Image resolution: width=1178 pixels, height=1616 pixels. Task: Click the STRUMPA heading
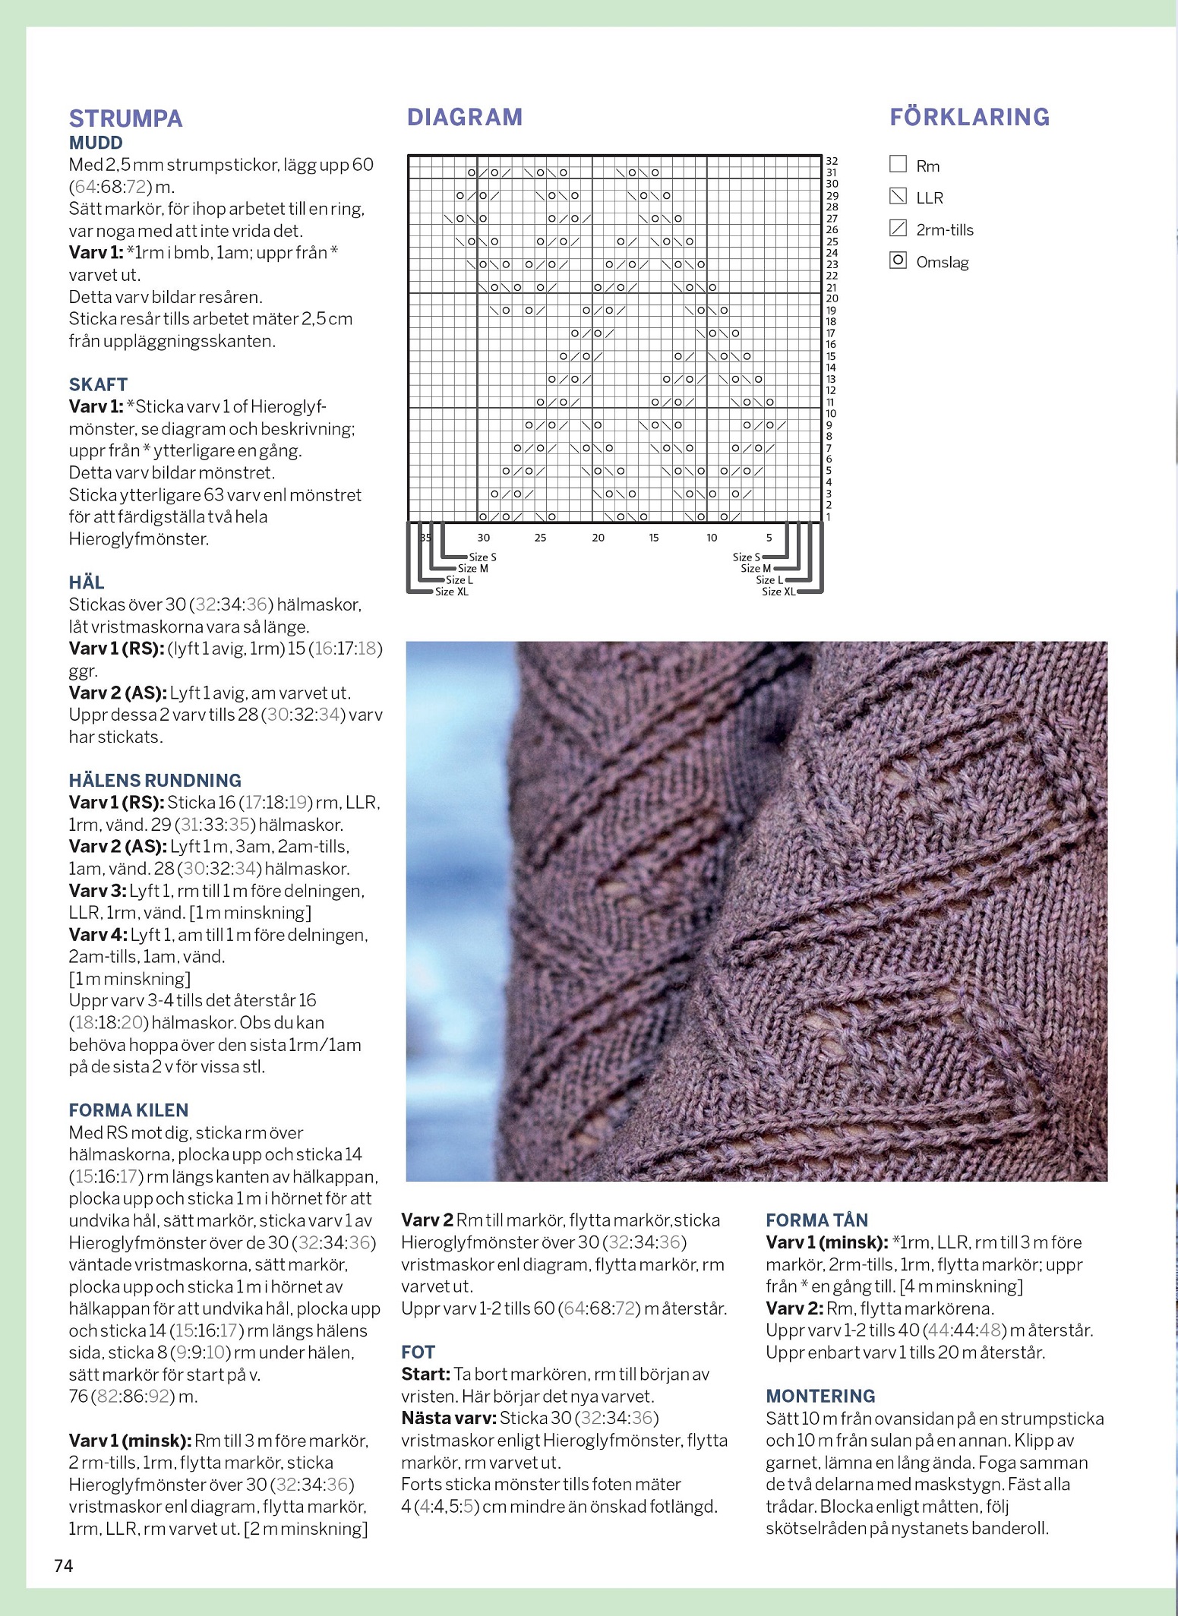pos(126,118)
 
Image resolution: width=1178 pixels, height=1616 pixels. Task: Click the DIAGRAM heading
pos(465,117)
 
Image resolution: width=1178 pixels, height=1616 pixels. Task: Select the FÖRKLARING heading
pos(969,117)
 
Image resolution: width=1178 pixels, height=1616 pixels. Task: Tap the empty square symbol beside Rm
pos(898,164)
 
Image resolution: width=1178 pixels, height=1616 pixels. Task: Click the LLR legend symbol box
pos(898,197)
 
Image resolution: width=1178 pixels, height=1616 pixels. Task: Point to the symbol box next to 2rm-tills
pos(898,228)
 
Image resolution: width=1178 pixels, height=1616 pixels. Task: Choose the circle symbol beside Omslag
pos(898,260)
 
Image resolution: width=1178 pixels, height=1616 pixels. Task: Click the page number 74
pos(64,1565)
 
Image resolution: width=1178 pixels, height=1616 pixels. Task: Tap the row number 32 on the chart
pos(832,161)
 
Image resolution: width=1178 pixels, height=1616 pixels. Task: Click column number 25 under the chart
pos(540,538)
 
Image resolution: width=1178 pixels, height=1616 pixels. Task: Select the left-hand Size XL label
pos(451,592)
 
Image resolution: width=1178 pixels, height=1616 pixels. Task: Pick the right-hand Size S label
pos(746,557)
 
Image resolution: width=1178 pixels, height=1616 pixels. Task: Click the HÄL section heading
pos(87,582)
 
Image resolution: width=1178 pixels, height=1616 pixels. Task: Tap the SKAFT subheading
pos(98,384)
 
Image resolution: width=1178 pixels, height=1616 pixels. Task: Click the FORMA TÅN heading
pos(816,1220)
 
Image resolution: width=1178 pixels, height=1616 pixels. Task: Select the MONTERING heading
pos(820,1396)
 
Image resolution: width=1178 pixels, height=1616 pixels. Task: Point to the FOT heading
pos(418,1352)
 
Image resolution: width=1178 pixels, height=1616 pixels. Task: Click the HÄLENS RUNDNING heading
pos(155,780)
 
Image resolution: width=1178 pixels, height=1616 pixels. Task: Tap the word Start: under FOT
pos(425,1374)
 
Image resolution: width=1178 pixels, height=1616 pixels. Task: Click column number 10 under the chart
pos(712,538)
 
